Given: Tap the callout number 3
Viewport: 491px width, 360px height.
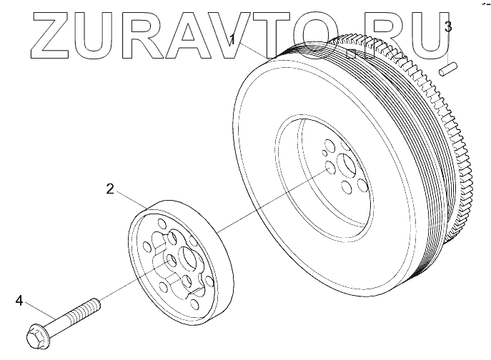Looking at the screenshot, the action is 447,27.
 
